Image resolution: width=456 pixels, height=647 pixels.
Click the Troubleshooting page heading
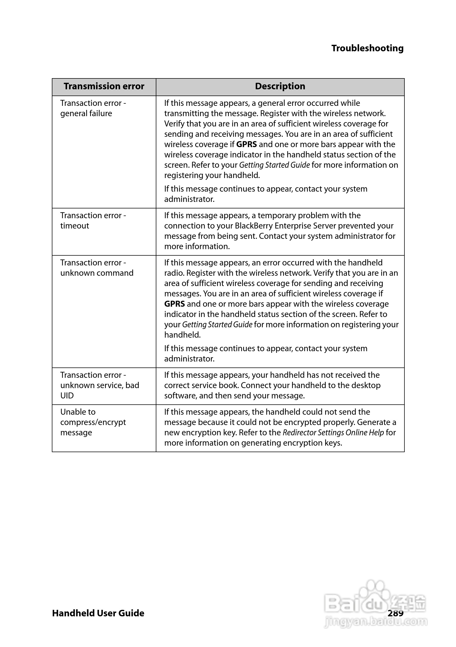(x=367, y=48)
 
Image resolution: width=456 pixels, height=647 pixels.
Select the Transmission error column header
(x=104, y=86)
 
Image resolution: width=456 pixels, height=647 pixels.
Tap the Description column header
(x=280, y=86)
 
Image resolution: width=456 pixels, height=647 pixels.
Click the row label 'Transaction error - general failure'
(x=93, y=108)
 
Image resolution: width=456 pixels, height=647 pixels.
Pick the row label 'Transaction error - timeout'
(x=93, y=220)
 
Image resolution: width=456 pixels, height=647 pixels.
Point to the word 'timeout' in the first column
(x=75, y=226)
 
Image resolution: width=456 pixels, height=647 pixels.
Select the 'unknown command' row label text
(x=97, y=273)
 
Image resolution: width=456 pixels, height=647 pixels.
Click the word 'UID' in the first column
(x=67, y=396)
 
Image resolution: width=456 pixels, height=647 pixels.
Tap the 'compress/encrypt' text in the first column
(x=93, y=422)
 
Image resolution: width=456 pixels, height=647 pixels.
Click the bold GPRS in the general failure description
(x=246, y=144)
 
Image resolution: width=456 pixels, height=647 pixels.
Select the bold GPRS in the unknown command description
(x=175, y=304)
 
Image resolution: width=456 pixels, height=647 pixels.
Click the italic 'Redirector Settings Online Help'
(x=333, y=433)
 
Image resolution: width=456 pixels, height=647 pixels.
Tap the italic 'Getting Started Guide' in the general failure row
(x=274, y=165)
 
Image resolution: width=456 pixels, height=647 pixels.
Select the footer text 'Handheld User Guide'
(x=98, y=613)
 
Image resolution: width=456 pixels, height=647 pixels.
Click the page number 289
(x=395, y=613)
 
